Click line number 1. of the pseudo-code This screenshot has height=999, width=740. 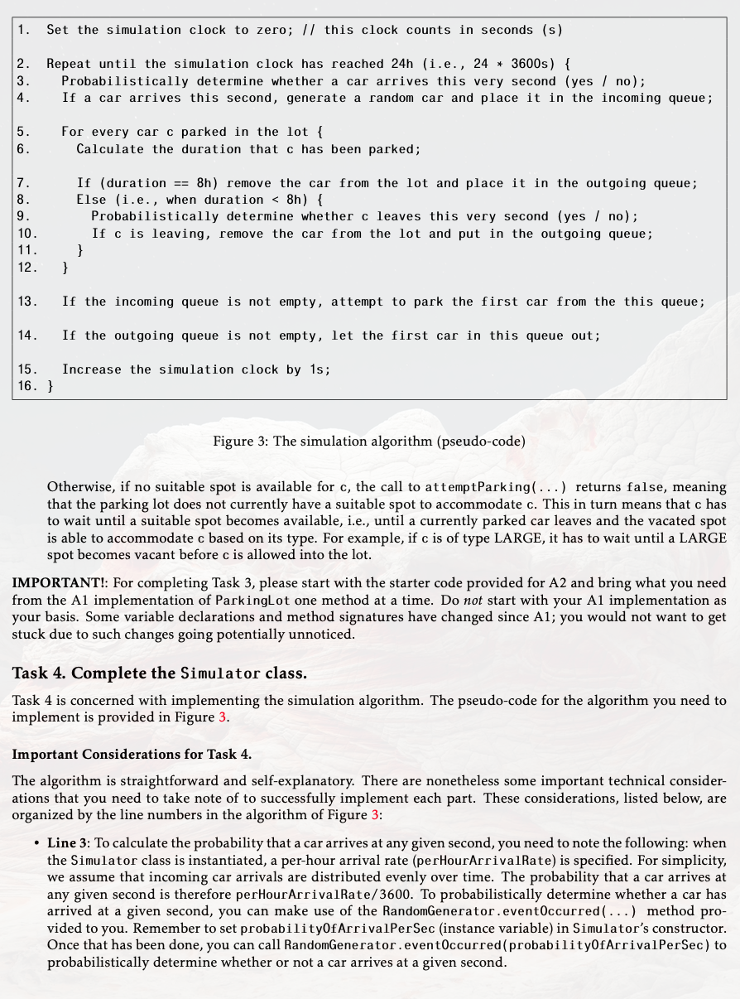coord(24,30)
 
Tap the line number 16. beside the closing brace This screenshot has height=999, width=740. coord(27,386)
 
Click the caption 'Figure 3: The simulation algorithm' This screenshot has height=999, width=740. coord(369,441)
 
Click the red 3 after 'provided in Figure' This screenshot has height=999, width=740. coord(223,717)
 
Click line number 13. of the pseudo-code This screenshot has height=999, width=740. coord(27,302)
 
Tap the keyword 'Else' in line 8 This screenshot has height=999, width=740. coord(91,200)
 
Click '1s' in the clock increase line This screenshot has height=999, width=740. coord(318,369)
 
